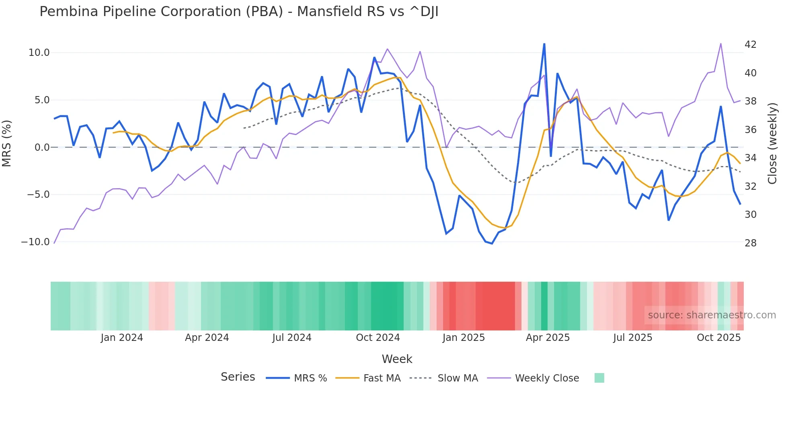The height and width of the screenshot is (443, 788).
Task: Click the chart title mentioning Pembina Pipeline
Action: [x=239, y=12]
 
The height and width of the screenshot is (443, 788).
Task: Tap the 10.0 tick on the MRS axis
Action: [x=39, y=53]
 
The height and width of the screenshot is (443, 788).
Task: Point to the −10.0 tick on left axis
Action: [x=35, y=242]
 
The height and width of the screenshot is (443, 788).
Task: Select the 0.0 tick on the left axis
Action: [x=42, y=148]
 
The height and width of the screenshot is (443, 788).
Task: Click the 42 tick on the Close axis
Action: [x=750, y=45]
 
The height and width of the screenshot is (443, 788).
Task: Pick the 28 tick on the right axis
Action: [x=750, y=243]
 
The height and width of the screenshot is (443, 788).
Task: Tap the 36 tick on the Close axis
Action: [x=750, y=130]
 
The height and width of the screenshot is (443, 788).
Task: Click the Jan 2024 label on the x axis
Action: [x=122, y=338]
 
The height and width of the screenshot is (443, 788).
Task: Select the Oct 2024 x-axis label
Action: [x=378, y=338]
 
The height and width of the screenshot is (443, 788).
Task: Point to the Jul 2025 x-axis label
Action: [x=632, y=338]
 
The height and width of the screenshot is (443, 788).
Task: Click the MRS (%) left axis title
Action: [x=7, y=144]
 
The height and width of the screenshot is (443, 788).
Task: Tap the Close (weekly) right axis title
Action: [x=772, y=144]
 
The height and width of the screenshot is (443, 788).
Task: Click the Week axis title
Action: [x=397, y=359]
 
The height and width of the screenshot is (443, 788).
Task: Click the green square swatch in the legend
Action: [x=599, y=378]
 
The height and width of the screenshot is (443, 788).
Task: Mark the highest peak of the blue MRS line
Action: [x=544, y=44]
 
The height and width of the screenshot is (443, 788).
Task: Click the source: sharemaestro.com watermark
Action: [x=712, y=315]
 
